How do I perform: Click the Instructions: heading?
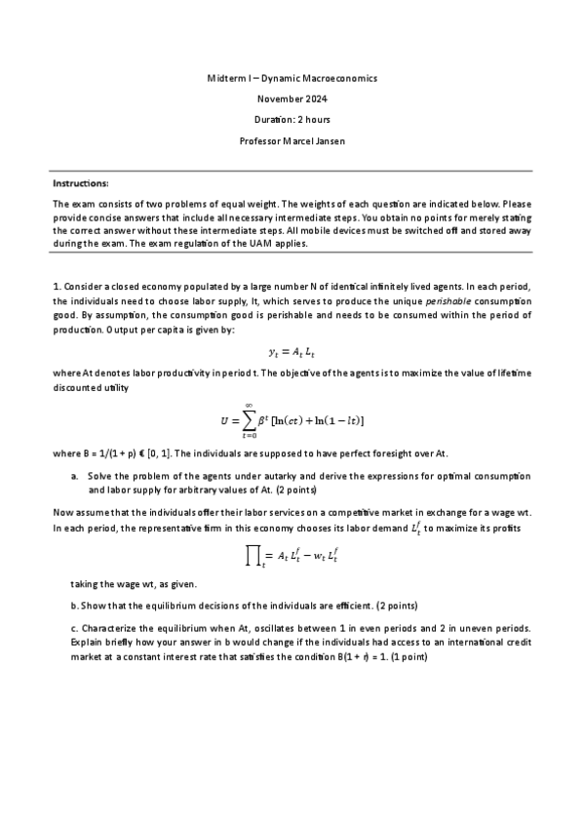click(x=81, y=183)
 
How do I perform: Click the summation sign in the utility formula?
click(x=250, y=418)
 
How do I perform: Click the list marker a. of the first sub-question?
click(x=75, y=475)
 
